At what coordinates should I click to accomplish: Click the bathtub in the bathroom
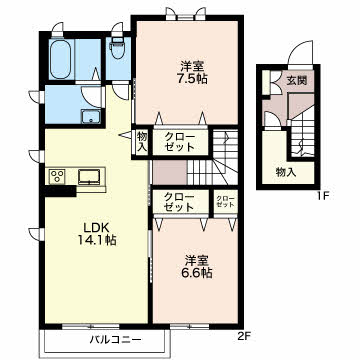60,60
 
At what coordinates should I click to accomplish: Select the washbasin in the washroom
90,116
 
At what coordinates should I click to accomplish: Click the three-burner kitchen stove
57,176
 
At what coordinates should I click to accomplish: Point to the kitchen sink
89,177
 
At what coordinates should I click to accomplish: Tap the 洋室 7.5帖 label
192,72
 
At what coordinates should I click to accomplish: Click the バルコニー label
115,340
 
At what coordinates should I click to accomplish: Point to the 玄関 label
297,80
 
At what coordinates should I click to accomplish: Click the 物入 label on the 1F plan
286,173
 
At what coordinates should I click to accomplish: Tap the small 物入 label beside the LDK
142,142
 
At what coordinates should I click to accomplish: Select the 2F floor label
244,336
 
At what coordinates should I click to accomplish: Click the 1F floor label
322,196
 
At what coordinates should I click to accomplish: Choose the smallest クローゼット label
225,202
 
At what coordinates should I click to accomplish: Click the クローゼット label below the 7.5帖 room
180,142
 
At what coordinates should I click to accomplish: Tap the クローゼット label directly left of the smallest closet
179,202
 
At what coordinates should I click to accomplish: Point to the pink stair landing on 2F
170,172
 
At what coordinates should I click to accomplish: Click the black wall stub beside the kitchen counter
60,191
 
